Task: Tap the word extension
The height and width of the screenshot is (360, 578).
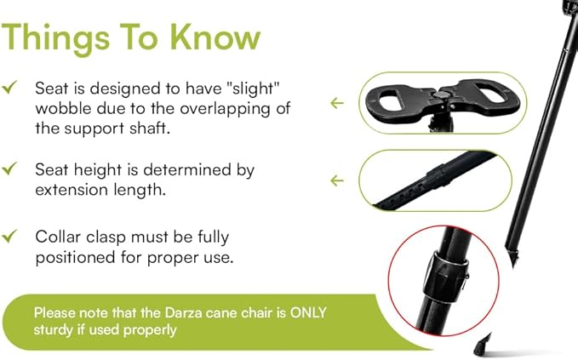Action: (x=72, y=189)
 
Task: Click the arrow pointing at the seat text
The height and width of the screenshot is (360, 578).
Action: (x=337, y=103)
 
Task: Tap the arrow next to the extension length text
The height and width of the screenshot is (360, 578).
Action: (x=337, y=180)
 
